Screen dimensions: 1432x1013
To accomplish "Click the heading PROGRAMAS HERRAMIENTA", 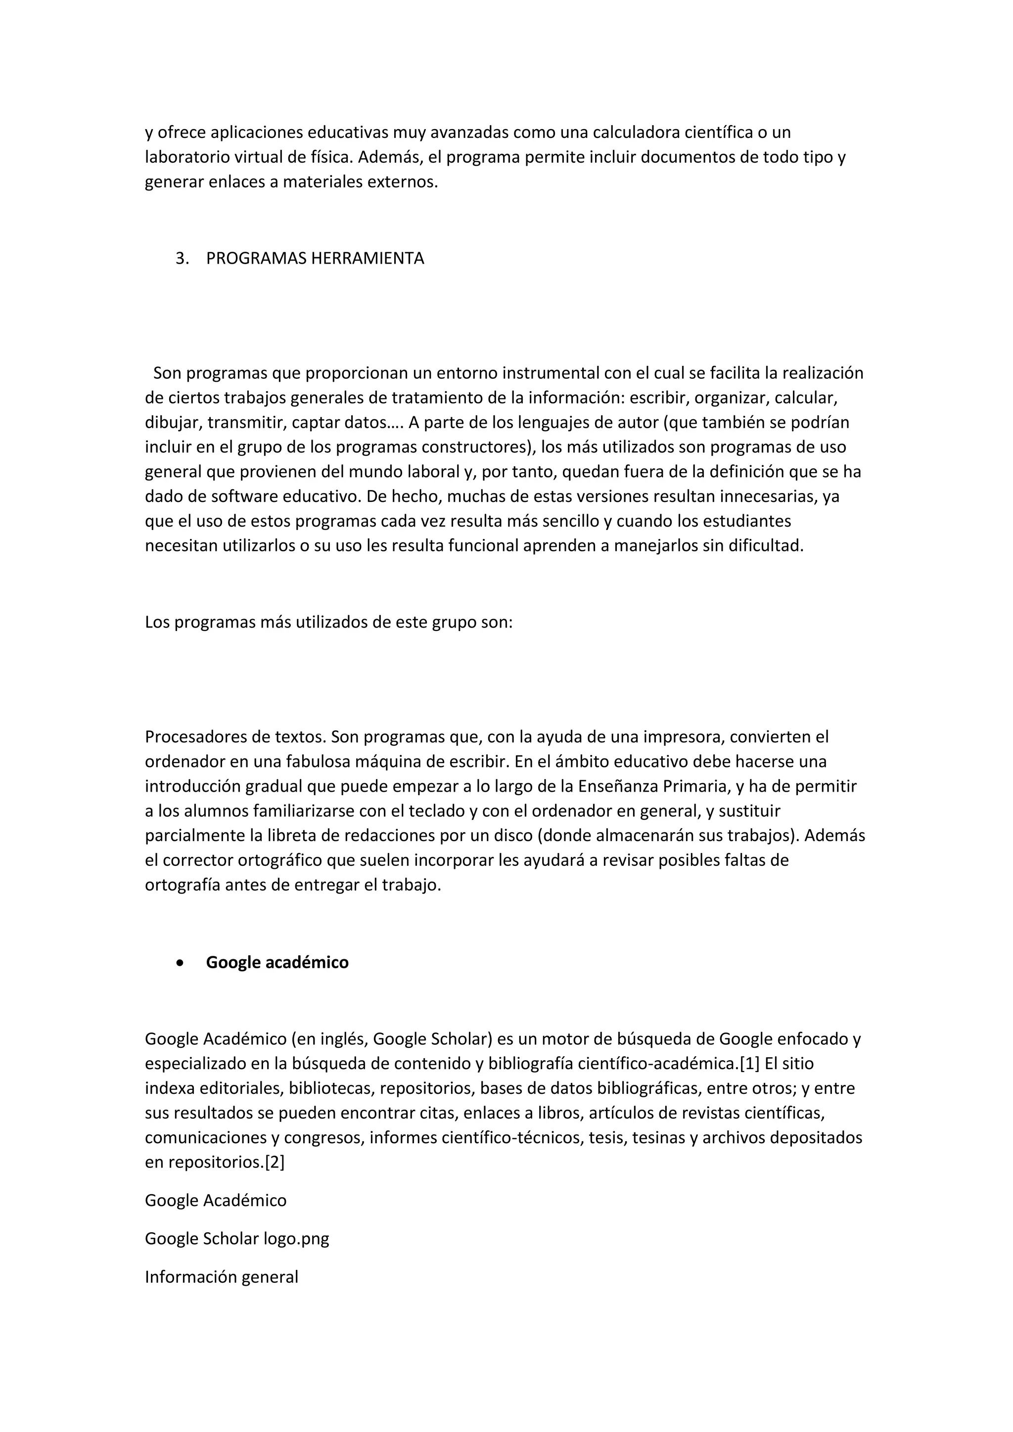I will pyautogui.click(x=315, y=259).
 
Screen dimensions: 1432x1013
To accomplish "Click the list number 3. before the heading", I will pyautogui.click(x=182, y=259).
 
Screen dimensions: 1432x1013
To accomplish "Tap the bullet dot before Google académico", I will pyautogui.click(x=180, y=962).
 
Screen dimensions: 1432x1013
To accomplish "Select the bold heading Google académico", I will pyautogui.click(x=277, y=962).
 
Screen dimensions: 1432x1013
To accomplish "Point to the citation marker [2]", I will pyautogui.click(x=275, y=1162).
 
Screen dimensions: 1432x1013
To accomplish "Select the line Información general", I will pyautogui.click(x=222, y=1277).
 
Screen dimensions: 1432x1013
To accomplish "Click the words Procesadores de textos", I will pyautogui.click(x=235, y=737).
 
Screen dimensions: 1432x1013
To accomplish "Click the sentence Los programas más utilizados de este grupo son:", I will pyautogui.click(x=329, y=623).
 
